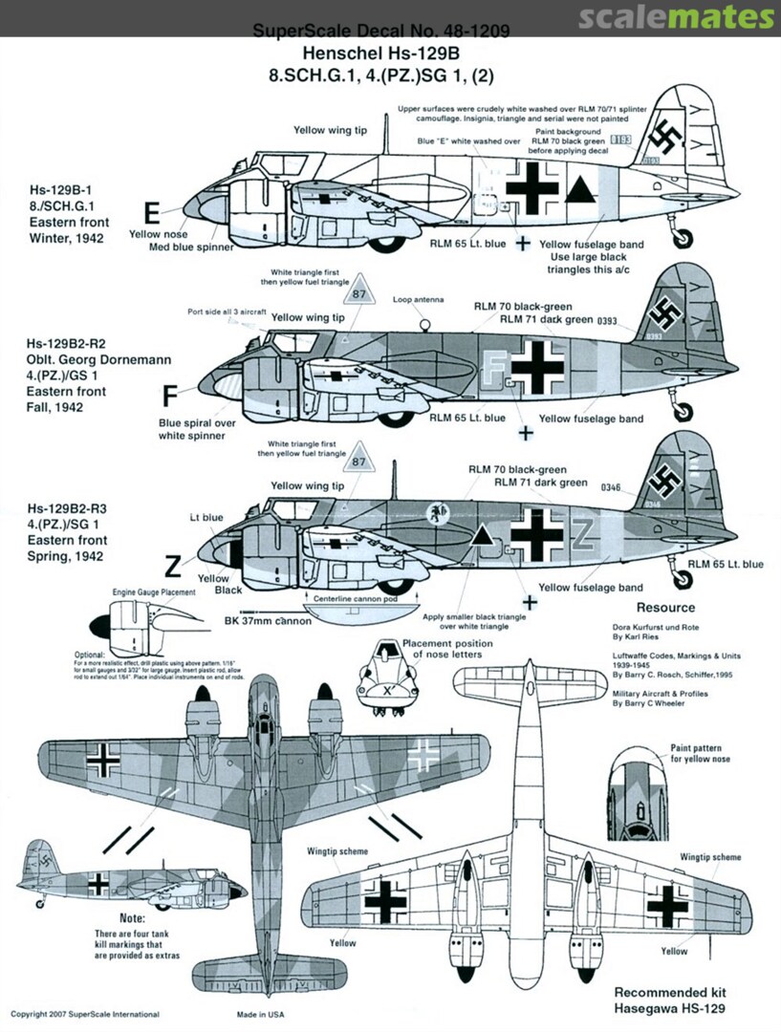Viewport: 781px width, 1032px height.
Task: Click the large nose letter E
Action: [151, 212]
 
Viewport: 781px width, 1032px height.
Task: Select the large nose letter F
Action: [170, 394]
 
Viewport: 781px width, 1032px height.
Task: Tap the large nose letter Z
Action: [172, 568]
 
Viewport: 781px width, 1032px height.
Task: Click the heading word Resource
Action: [665, 608]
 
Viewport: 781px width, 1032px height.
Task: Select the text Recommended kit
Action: [665, 992]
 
